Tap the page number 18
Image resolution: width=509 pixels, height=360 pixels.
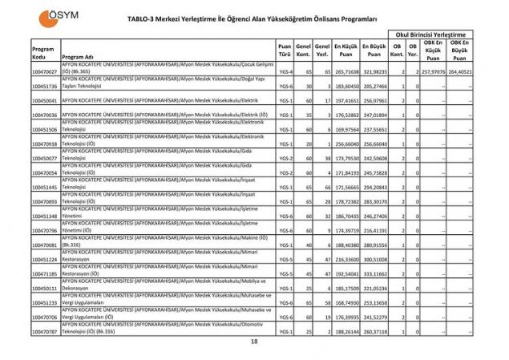[x=254, y=342]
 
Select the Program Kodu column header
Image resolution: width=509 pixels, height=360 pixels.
[x=43, y=52]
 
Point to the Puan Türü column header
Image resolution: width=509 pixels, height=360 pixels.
[x=285, y=52]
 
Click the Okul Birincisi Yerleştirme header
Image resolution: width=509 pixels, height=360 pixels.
[x=430, y=34]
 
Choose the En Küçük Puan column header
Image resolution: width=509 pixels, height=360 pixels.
[x=345, y=52]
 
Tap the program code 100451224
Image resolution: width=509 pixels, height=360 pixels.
[x=45, y=259]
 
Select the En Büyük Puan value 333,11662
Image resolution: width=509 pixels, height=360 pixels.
[x=374, y=273]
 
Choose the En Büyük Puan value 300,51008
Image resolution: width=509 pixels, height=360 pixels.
[x=374, y=259]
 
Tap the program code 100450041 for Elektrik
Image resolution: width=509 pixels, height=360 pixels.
[x=45, y=101]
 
